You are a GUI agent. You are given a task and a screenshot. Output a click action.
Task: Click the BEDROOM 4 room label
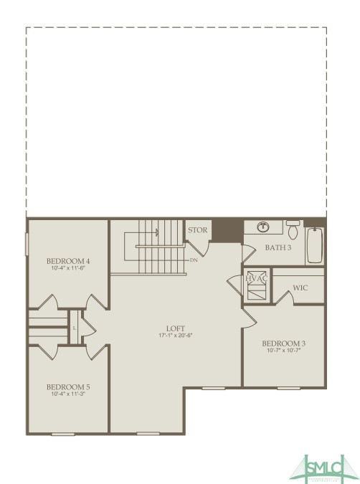click(68, 260)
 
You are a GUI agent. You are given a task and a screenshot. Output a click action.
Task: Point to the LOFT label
click(176, 327)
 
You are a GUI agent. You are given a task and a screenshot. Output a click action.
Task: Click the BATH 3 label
click(278, 247)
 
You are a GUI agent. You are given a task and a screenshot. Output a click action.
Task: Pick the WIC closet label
click(300, 288)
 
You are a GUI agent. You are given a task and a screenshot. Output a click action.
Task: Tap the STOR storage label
click(197, 230)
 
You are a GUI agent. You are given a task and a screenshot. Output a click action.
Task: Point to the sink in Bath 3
click(263, 227)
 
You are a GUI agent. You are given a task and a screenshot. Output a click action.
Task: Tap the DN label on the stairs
click(194, 260)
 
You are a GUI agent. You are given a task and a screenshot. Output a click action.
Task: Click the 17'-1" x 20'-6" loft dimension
click(176, 336)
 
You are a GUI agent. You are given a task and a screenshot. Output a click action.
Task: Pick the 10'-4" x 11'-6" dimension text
click(68, 268)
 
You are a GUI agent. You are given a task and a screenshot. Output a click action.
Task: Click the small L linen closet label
click(74, 328)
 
